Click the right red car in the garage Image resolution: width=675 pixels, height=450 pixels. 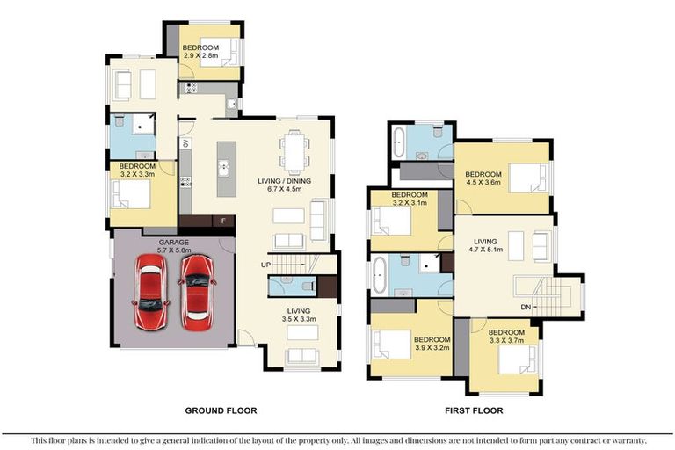197,289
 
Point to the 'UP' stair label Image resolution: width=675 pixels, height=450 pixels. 265,265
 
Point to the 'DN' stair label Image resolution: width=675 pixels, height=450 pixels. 526,307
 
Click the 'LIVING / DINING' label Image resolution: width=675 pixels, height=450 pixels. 285,181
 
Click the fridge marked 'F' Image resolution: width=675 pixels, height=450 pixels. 224,221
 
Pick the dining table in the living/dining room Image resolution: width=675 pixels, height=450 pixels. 294,152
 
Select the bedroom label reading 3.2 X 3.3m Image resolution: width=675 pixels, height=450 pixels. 137,174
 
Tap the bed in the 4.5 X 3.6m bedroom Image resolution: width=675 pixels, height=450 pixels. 528,180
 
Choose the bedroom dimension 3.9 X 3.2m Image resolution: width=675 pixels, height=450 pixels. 432,347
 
